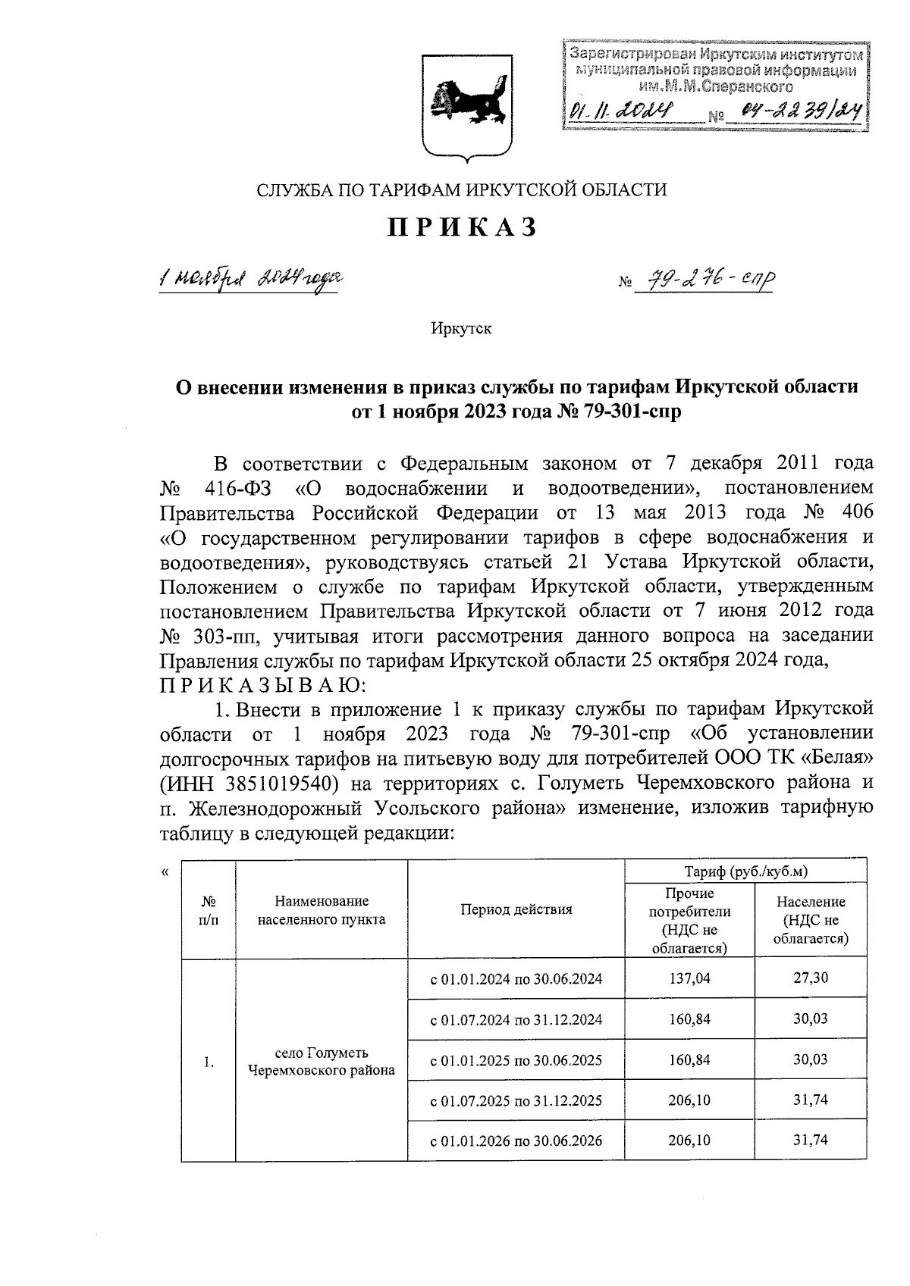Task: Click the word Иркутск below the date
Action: pos(461,329)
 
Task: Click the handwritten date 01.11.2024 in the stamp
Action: pos(624,114)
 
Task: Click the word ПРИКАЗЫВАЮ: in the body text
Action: pos(264,685)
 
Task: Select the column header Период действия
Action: pos(516,909)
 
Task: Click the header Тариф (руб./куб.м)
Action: pos(745,871)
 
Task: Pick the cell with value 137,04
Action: pos(689,978)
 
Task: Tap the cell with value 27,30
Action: pos(810,978)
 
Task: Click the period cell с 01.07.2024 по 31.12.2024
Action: pos(516,1019)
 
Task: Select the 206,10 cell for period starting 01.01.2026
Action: pos(689,1140)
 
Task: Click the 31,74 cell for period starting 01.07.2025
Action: pos(810,1100)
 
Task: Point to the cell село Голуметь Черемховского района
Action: pos(322,1061)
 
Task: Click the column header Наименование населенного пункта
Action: pos(322,910)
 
